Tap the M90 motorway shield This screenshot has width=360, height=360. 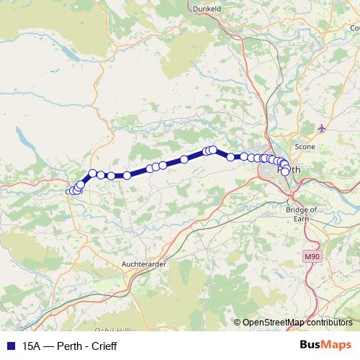point(312,256)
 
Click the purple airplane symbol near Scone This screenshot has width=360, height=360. point(321,128)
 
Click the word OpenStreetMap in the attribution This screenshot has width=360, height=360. point(274,323)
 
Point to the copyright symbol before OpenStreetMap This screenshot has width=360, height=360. point(237,323)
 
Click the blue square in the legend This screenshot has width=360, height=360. point(9,346)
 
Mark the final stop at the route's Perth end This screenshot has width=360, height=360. point(285,171)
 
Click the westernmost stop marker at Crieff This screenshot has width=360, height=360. point(71,192)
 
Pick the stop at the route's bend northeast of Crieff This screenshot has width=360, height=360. point(93,173)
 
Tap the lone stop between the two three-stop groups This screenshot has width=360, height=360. point(184,159)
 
